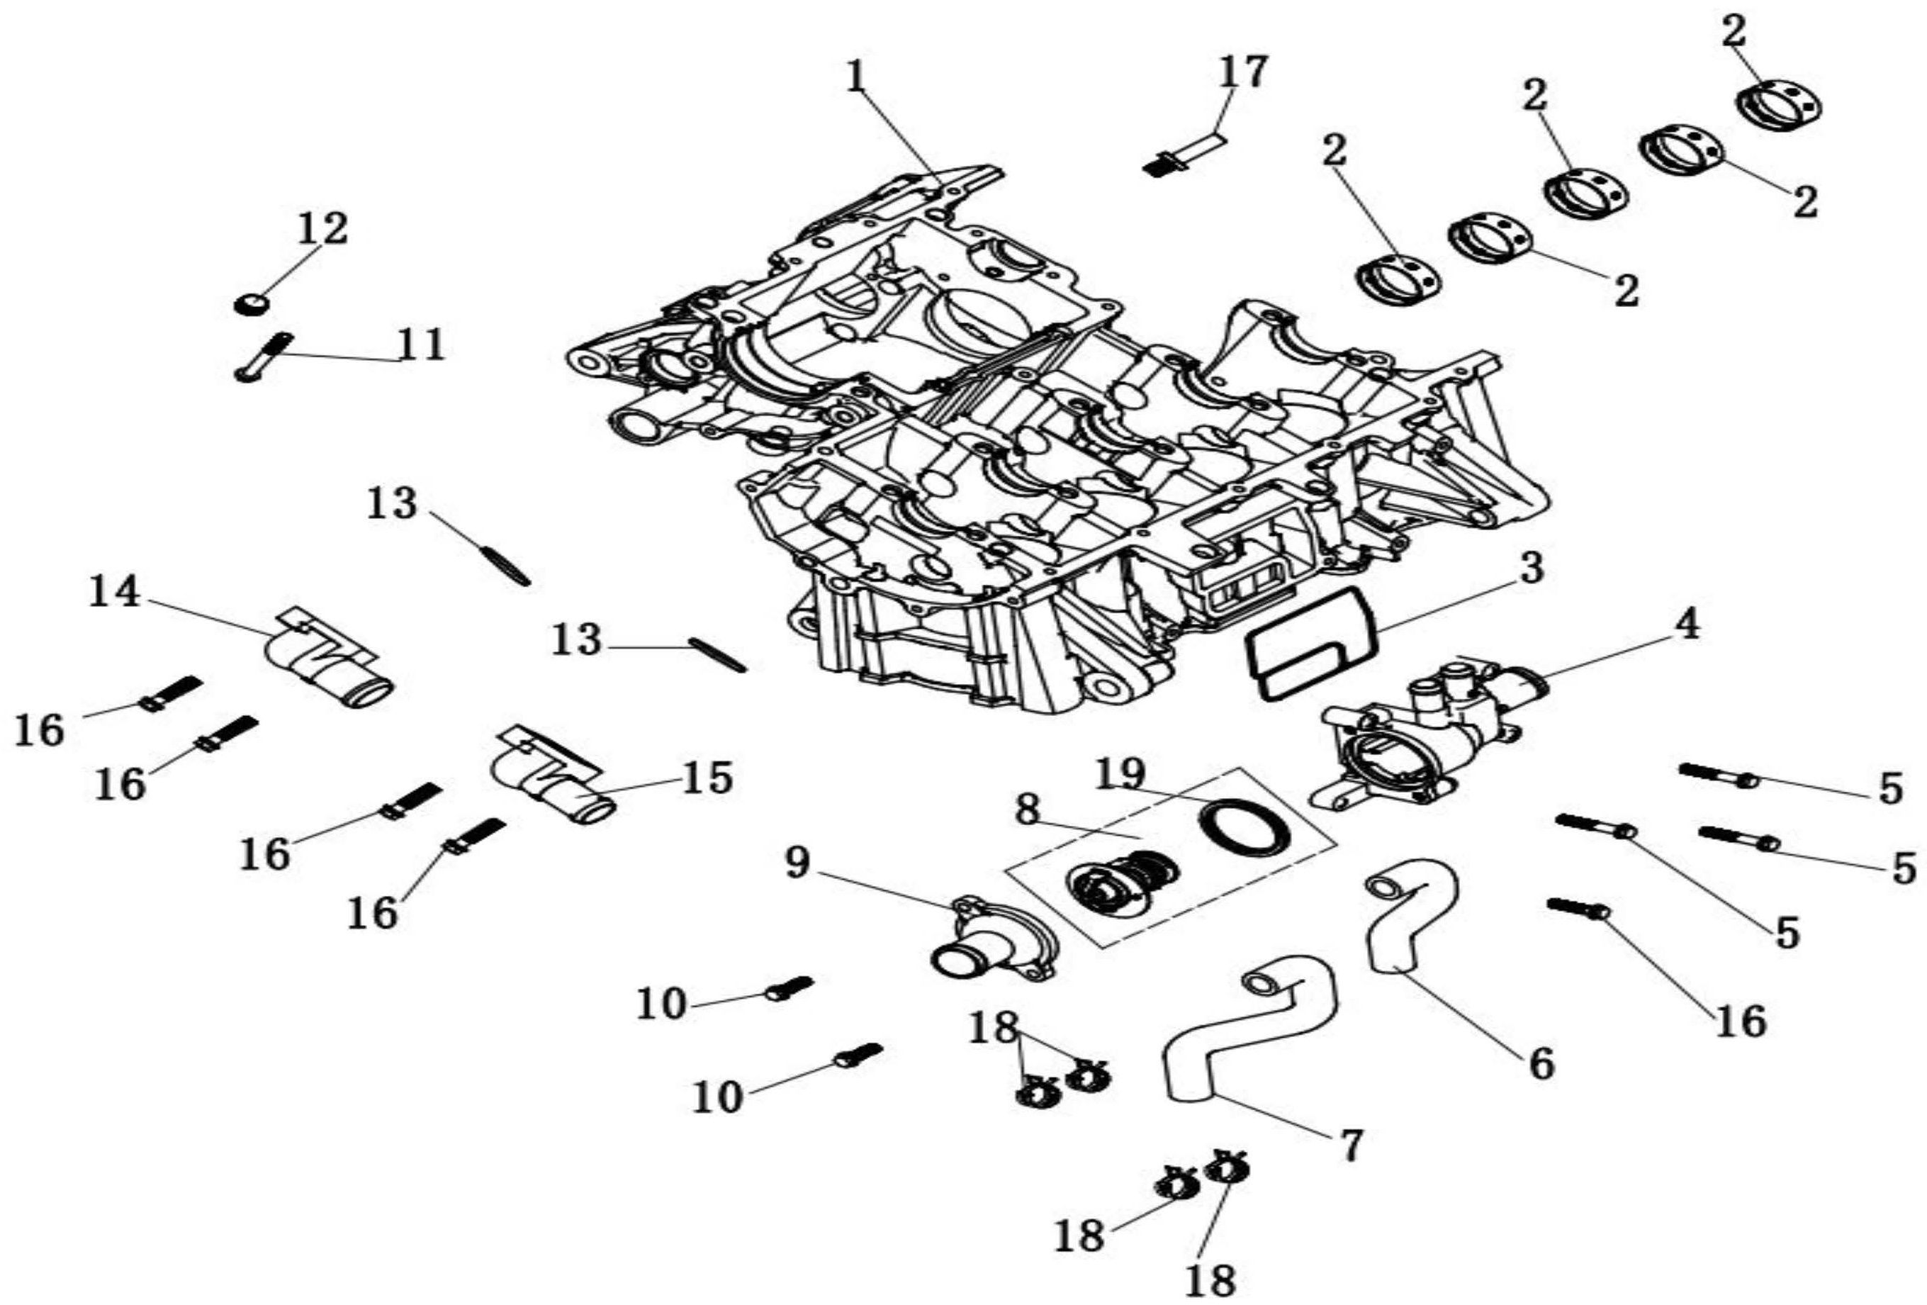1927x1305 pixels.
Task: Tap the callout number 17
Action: click(x=1242, y=72)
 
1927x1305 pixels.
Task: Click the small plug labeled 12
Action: click(x=250, y=304)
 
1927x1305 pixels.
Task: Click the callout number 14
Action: click(x=114, y=592)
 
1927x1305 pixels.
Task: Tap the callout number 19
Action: click(x=1120, y=773)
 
